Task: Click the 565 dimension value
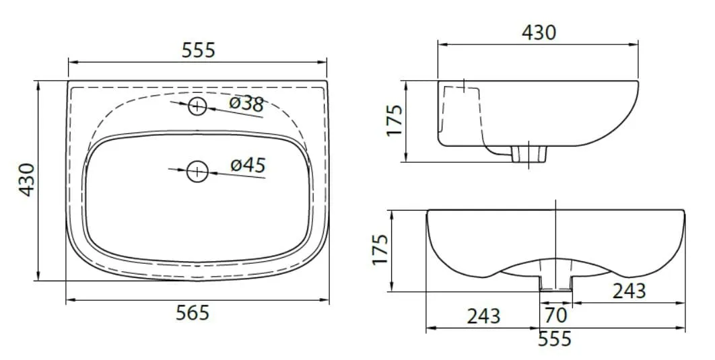193,313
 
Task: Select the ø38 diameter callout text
246,104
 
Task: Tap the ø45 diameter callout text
248,164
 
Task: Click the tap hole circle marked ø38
197,106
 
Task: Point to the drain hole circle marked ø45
197,172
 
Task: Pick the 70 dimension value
556,315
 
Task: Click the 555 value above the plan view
199,50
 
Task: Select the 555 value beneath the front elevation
555,339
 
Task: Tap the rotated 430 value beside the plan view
28,180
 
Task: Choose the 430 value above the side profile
539,33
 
